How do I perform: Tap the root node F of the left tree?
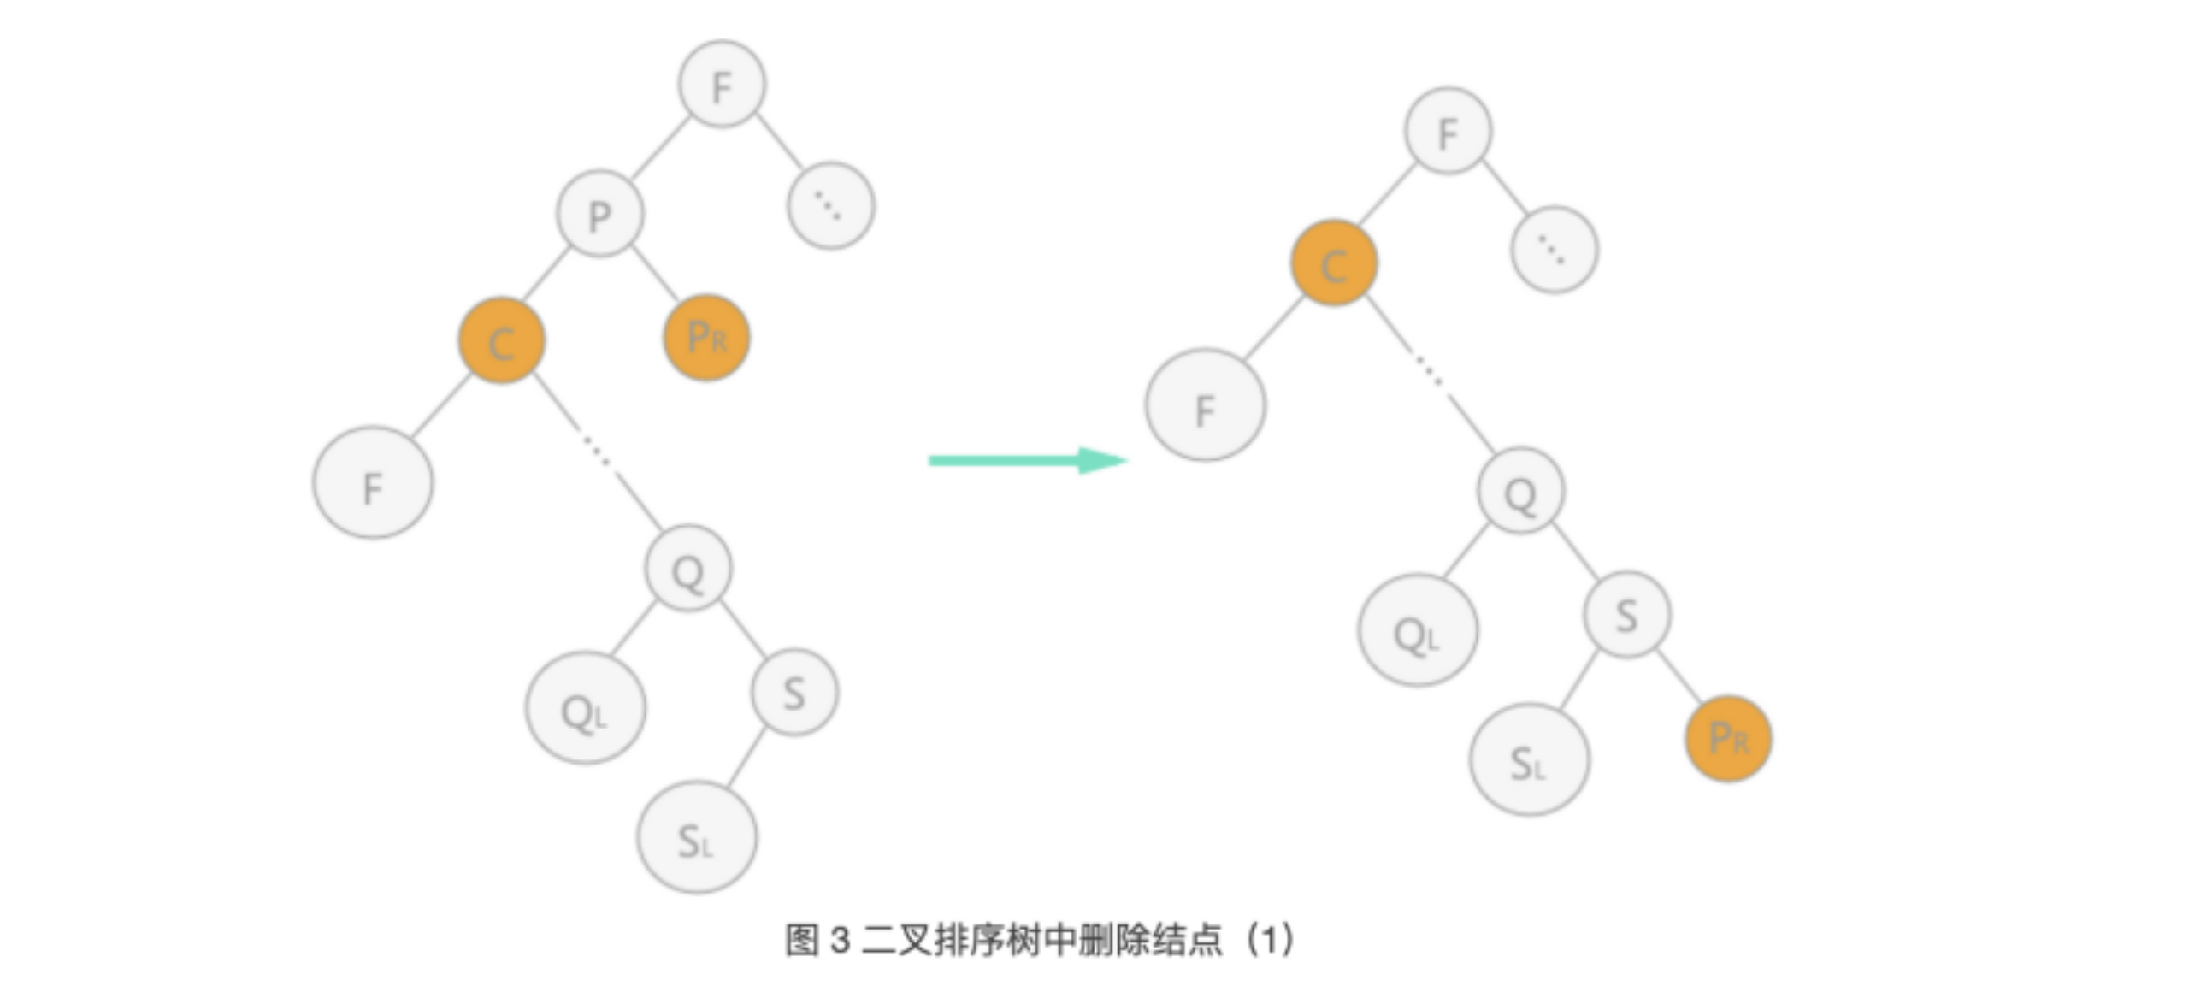721,84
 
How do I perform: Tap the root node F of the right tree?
1447,132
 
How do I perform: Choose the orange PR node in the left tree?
706,337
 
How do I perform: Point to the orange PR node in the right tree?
1728,738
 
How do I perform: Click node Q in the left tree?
687,569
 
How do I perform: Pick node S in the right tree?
1626,614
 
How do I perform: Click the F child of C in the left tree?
372,484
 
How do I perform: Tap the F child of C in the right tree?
1205,405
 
